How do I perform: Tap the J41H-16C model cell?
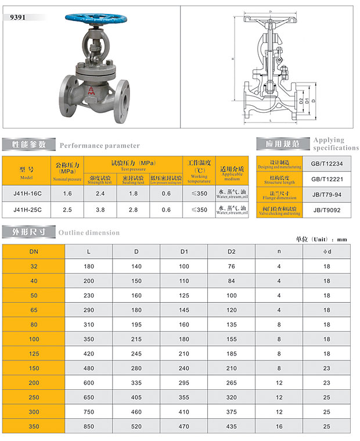pyautogui.click(x=28, y=193)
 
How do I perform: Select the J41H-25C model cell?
pyautogui.click(x=28, y=209)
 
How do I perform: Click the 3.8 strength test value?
pyautogui.click(x=100, y=209)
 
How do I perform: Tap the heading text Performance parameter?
pyautogui.click(x=100, y=145)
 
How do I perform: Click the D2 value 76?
pyautogui.click(x=232, y=266)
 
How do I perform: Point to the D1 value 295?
pyautogui.click(x=184, y=383)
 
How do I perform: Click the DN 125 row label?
pyautogui.click(x=34, y=354)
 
